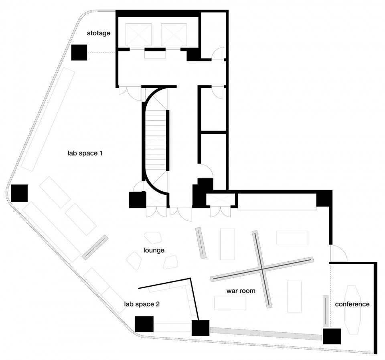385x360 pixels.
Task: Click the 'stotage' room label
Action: [x=99, y=33]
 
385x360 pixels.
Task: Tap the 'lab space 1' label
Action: [x=85, y=154]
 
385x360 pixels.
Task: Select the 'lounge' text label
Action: [x=154, y=250]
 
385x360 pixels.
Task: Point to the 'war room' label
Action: [x=241, y=291]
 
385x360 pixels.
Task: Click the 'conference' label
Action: [x=353, y=304]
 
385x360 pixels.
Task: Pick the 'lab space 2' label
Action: [x=142, y=304]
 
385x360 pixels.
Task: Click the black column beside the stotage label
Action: [x=79, y=52]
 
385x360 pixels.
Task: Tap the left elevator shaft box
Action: [x=138, y=34]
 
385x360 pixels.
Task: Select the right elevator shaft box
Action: [x=174, y=34]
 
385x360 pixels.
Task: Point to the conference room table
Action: [x=353, y=310]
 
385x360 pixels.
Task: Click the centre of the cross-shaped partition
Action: [x=262, y=269]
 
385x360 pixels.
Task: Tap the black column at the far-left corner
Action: [x=19, y=193]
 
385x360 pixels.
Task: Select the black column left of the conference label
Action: [x=332, y=336]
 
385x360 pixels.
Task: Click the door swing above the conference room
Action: [x=338, y=253]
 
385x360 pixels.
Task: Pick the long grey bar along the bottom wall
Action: [x=266, y=334]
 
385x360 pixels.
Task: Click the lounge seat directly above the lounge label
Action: [x=153, y=238]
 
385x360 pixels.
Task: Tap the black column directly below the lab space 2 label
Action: [x=144, y=324]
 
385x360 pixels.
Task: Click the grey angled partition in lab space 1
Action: [x=95, y=247]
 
